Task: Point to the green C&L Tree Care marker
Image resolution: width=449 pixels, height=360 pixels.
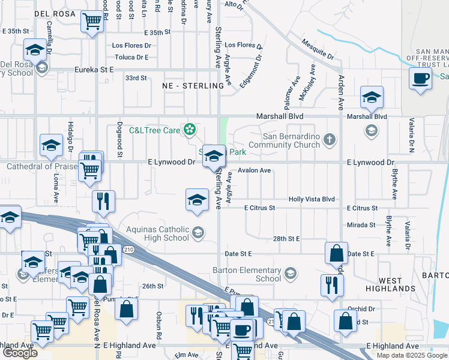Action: coord(190,128)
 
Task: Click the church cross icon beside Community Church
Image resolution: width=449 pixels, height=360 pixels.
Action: coord(328,140)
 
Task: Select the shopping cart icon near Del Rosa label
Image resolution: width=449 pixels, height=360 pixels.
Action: coord(92,22)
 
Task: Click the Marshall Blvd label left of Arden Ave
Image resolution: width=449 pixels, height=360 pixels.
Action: coord(280,116)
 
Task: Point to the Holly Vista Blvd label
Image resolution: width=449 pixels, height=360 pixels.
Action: coord(312,199)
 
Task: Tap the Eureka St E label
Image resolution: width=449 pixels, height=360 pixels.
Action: coord(94,70)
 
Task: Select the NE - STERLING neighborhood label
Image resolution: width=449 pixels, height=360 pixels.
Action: coord(193,86)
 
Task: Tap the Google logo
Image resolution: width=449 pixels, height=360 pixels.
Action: coord(20,353)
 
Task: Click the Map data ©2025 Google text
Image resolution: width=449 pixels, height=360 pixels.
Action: coord(411,355)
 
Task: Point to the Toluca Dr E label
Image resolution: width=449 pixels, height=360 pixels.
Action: coord(132,57)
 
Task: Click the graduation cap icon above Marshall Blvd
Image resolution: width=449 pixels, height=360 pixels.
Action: coord(372,97)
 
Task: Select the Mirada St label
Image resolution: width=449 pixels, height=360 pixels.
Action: coord(361,225)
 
